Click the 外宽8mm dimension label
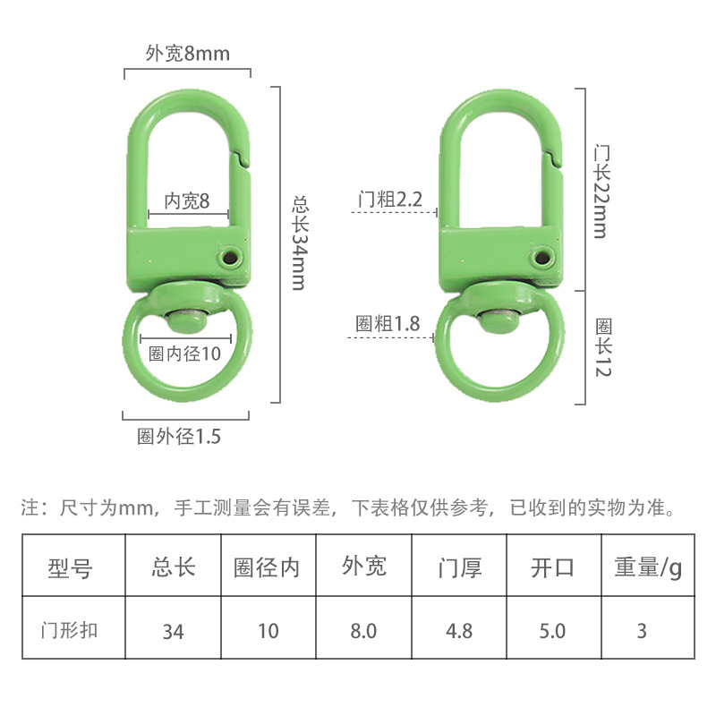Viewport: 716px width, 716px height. point(187,54)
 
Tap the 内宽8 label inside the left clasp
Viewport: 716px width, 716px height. point(186,202)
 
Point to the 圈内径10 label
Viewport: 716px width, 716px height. point(184,354)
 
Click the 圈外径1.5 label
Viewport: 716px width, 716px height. point(178,437)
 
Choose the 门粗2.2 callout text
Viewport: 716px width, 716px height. point(389,200)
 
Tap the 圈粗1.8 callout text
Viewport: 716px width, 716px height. point(388,324)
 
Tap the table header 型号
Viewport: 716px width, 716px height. point(71,567)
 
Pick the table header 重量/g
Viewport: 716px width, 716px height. point(647,567)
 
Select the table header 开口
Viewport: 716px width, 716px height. point(551,567)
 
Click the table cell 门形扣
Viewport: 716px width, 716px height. point(71,629)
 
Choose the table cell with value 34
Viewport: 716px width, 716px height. point(173,631)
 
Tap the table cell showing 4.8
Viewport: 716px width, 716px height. point(459,631)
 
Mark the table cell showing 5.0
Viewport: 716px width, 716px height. point(551,631)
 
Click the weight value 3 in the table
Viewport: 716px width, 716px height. point(642,631)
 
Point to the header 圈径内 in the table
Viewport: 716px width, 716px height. point(267,567)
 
